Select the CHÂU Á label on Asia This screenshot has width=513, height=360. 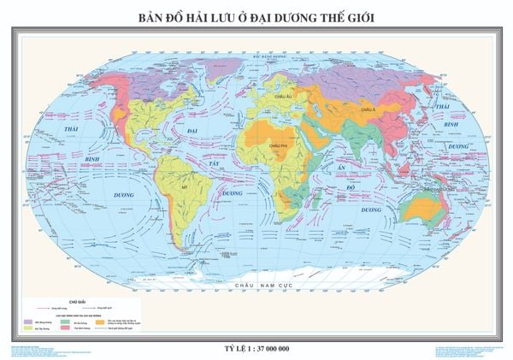[x=369, y=110]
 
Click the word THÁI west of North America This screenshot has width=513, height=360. [x=58, y=127]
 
